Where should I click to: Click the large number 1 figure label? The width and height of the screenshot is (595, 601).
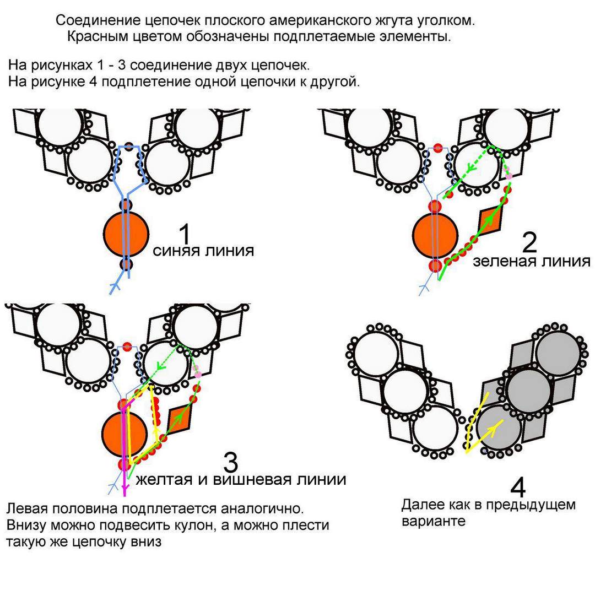[185, 234]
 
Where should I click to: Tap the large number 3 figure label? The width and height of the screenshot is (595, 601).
[230, 462]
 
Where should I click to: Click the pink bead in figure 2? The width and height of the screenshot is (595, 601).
[509, 176]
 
